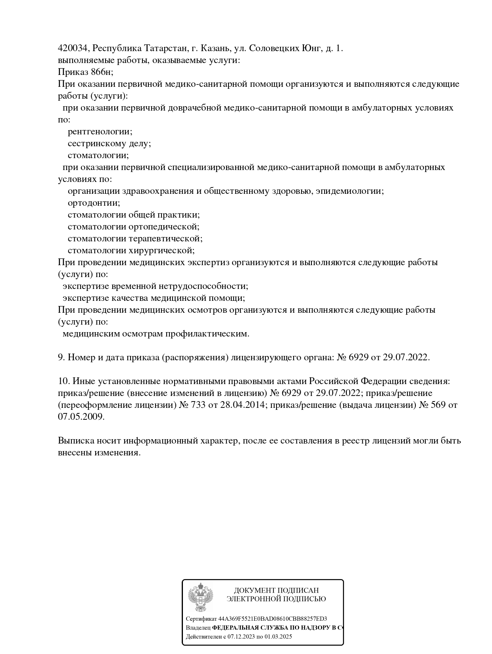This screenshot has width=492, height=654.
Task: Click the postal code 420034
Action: click(74, 48)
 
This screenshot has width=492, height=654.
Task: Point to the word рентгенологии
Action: click(100, 132)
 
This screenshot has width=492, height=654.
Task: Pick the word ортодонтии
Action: click(93, 203)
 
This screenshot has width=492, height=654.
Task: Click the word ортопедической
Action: click(164, 227)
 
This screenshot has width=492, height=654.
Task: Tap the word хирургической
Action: click(162, 251)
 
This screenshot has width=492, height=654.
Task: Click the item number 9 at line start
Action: click(61, 358)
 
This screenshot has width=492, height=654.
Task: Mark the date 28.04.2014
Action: click(241, 405)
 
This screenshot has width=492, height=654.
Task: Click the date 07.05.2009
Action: click(81, 417)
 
